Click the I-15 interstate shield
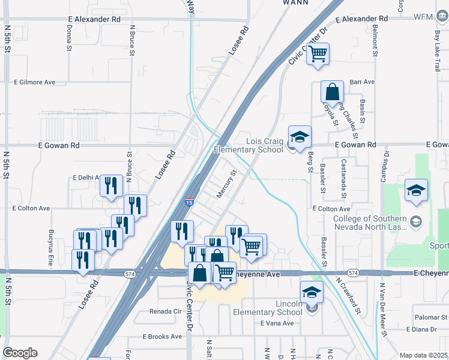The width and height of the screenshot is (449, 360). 190,203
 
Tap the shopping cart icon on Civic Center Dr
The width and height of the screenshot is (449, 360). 318,54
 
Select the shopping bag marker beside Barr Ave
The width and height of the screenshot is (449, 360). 332,92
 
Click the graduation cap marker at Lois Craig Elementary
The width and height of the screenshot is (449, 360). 300,137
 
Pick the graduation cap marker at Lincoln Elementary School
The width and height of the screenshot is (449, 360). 312,293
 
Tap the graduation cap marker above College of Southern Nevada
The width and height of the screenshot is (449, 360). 416,191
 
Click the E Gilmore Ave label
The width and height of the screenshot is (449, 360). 34,82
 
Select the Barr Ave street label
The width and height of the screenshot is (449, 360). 362,82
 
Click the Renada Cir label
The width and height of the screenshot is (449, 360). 165,312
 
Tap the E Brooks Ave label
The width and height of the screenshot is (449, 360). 162,337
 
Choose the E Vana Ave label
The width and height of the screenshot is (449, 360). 277,323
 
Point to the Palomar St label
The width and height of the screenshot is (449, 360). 430,316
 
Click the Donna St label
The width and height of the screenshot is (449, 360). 69,37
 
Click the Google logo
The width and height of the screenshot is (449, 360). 20,353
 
